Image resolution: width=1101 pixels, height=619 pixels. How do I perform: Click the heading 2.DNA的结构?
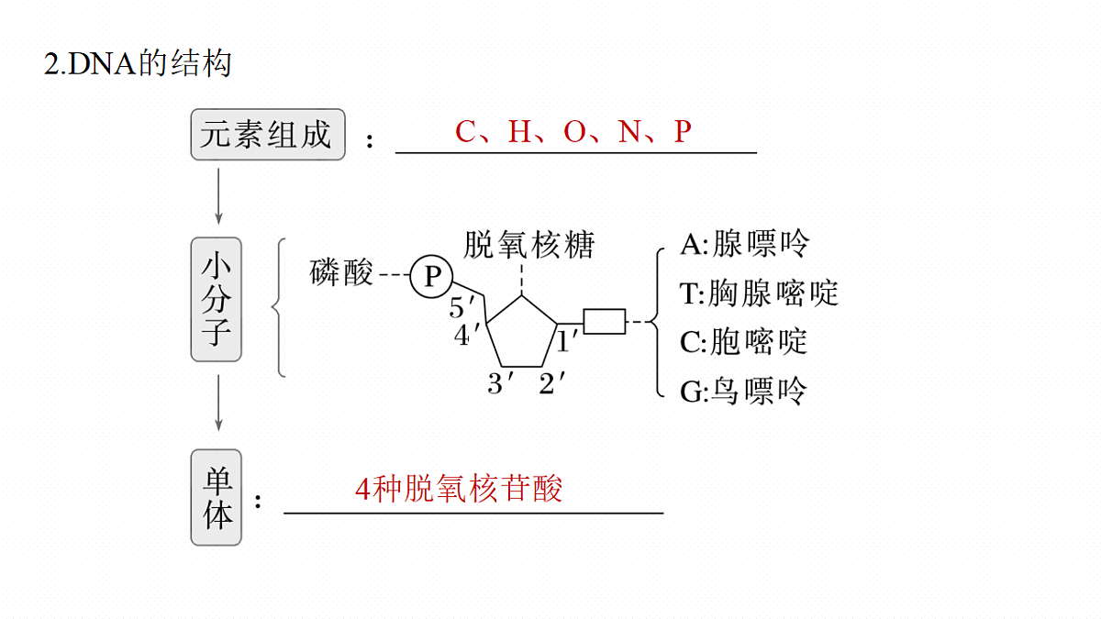coord(138,63)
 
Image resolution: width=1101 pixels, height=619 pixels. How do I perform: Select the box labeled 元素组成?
coord(268,135)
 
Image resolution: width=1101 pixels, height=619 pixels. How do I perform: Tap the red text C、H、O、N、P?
coord(573,132)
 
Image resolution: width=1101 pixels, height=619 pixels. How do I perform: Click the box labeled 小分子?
coord(217,300)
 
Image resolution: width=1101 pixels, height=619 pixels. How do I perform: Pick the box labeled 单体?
coord(217,497)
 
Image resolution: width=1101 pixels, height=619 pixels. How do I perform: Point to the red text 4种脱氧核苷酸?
coord(459,489)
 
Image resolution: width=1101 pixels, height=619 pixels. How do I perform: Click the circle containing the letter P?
coord(431,277)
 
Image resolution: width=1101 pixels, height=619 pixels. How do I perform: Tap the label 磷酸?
coord(341,272)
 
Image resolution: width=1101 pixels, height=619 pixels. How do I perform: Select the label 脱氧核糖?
coord(529,245)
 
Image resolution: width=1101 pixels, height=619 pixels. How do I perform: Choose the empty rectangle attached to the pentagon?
coord(605,322)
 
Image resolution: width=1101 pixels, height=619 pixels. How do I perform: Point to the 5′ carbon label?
coord(462,307)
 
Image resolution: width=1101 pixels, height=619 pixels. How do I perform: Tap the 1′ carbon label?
coord(567,341)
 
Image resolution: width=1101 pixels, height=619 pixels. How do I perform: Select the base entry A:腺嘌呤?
coord(744,244)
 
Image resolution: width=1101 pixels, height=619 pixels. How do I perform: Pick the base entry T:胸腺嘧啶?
coord(760,293)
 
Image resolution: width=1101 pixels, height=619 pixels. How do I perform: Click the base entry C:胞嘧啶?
coord(744,342)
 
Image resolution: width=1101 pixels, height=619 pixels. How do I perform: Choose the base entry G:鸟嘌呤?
coord(743,392)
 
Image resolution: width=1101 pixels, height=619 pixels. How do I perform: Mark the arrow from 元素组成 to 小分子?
coord(218,196)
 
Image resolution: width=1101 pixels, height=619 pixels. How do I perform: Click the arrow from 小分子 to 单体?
coord(218,403)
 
